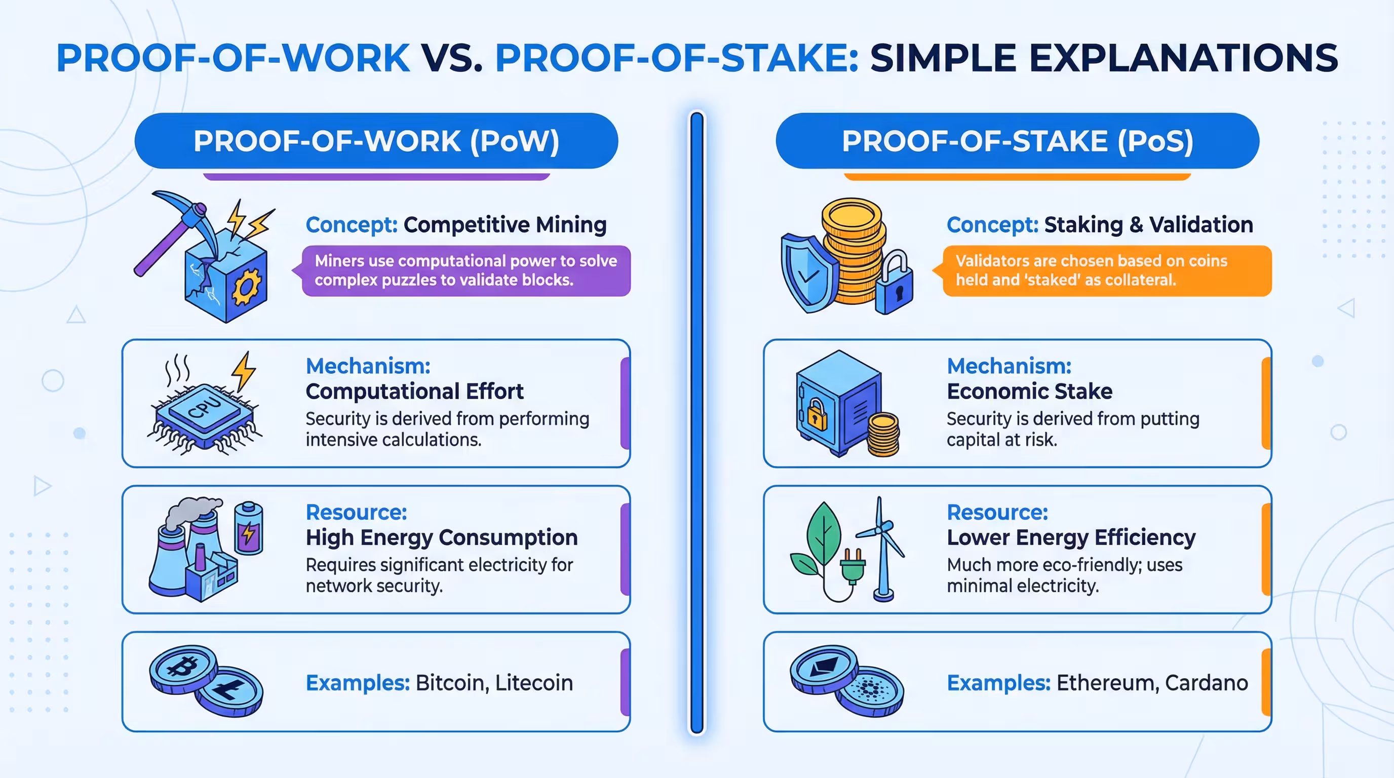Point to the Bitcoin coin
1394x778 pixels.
pos(182,669)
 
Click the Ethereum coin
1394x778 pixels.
pos(823,668)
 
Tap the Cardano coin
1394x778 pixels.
pos(870,691)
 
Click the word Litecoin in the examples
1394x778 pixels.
pos(533,683)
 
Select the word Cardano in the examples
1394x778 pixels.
pos(1206,683)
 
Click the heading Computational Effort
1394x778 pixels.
pos(414,391)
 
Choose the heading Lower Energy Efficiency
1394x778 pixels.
pos(1071,537)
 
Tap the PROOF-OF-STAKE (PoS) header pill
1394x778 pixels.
pos(1017,141)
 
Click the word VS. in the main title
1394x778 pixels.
pos(452,58)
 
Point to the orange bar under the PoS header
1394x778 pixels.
pos(1017,177)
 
